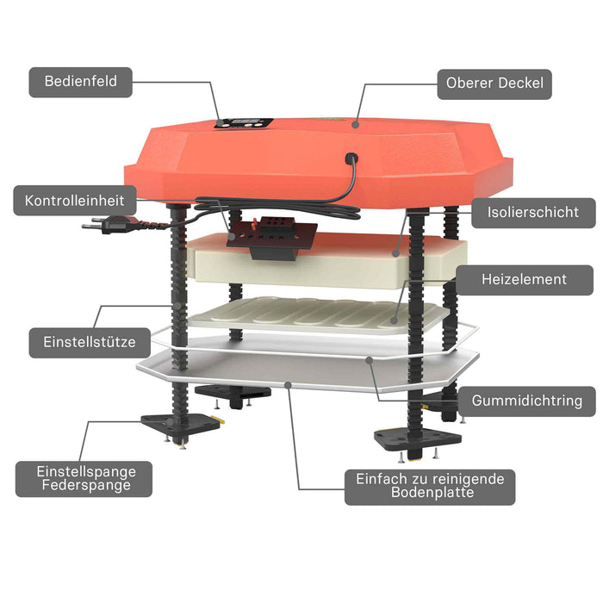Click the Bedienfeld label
[x=81, y=82]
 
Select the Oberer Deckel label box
[x=494, y=84]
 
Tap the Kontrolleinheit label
[x=75, y=201]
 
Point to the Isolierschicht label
[x=533, y=213]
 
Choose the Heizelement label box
[x=524, y=280]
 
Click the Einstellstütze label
[x=90, y=343]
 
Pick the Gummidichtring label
[x=527, y=401]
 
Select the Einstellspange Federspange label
[x=84, y=479]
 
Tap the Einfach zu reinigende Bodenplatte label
[x=430, y=487]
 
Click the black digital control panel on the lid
[x=244, y=123]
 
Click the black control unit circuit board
[x=272, y=238]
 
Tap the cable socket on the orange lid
[x=351, y=158]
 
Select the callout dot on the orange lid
[x=355, y=124]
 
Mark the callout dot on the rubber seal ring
[x=370, y=360]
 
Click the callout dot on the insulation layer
[x=395, y=253]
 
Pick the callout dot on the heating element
[x=394, y=320]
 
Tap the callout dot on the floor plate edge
[x=288, y=384]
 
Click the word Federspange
[x=86, y=485]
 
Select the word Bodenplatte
[x=432, y=493]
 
